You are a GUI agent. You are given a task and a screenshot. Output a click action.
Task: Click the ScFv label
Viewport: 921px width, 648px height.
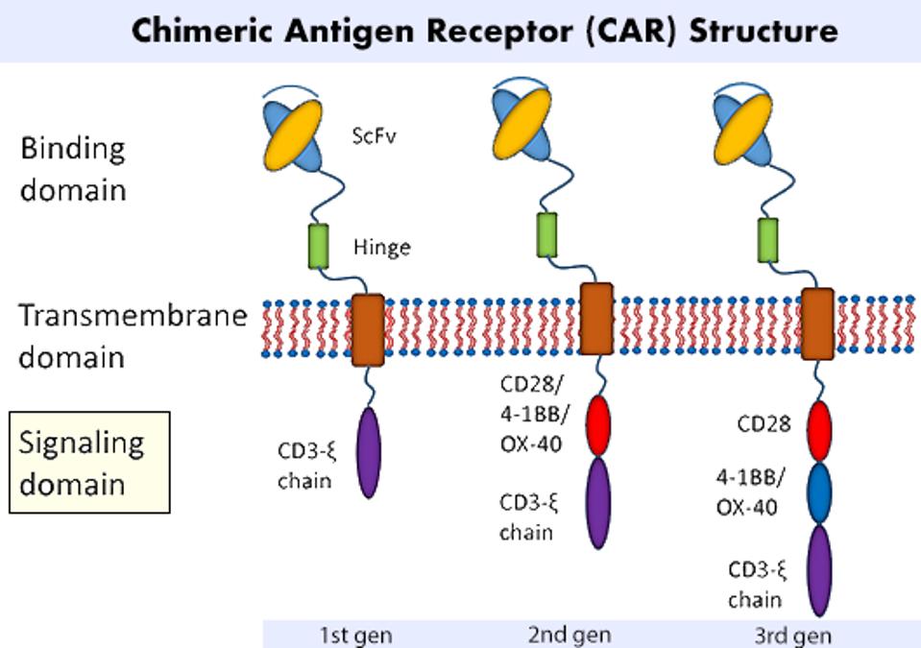click(376, 135)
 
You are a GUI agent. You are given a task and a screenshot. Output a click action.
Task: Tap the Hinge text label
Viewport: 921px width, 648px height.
click(381, 248)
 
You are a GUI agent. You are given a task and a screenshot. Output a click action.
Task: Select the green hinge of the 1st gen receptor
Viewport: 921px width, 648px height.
click(318, 245)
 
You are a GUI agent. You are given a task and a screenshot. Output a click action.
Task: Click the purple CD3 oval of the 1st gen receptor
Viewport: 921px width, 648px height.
click(368, 452)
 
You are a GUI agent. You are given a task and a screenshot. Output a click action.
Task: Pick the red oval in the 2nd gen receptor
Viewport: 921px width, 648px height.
click(598, 425)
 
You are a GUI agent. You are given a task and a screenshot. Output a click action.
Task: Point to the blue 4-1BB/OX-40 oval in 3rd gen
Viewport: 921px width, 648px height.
click(817, 492)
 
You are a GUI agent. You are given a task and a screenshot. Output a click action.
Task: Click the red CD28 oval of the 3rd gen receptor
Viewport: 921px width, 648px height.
click(817, 431)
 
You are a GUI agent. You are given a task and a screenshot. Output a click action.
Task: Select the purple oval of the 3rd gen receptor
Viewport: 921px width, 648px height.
click(817, 569)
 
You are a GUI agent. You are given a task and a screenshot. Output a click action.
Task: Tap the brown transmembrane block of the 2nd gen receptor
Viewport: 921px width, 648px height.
click(597, 317)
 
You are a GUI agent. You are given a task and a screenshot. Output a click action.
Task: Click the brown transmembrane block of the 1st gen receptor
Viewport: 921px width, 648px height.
click(368, 329)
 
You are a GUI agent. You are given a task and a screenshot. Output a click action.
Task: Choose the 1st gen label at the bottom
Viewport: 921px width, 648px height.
click(355, 635)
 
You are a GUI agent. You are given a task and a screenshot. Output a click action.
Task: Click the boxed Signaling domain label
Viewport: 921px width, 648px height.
click(88, 462)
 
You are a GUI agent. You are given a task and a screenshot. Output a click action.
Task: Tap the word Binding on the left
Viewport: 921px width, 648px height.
click(73, 149)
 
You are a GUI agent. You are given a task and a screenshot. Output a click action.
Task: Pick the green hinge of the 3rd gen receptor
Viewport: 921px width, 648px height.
click(768, 238)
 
